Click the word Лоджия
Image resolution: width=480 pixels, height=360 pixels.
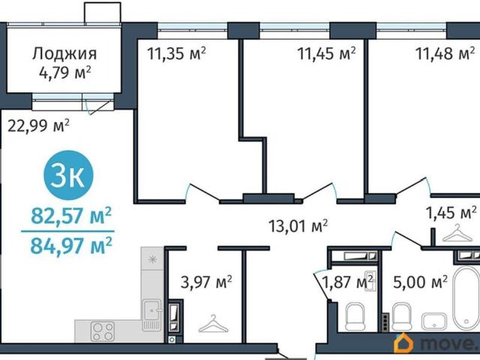tap(64, 54)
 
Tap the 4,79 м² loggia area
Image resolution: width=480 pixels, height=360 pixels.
tap(65, 73)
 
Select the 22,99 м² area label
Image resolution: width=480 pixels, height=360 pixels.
tap(38, 125)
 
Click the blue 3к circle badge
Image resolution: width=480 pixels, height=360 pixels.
tap(68, 175)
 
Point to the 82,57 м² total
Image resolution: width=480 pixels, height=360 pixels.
tap(71, 215)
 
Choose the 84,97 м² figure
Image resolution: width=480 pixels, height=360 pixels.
tap(71, 246)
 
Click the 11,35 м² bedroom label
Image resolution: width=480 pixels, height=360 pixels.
tap(176, 53)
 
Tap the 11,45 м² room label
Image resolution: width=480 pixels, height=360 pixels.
tap(326, 53)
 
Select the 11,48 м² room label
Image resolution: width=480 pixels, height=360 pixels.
tap(445, 53)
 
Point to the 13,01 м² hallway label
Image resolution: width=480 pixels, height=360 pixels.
tap(298, 226)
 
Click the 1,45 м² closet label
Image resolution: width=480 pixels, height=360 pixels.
tap(451, 212)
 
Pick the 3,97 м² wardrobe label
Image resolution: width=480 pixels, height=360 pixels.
tap(206, 282)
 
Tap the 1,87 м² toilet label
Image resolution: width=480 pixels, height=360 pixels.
tap(348, 282)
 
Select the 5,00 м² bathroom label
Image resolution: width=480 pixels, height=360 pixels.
tap(420, 282)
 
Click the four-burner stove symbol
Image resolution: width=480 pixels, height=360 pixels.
tap(103, 331)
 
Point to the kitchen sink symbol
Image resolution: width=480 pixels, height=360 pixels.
tap(151, 315)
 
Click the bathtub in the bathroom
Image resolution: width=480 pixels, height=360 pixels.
tap(466, 299)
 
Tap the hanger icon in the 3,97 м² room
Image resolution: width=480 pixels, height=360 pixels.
tap(213, 324)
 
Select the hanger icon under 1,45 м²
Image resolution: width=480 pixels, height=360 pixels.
tap(457, 233)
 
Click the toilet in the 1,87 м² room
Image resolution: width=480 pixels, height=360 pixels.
tap(355, 316)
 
